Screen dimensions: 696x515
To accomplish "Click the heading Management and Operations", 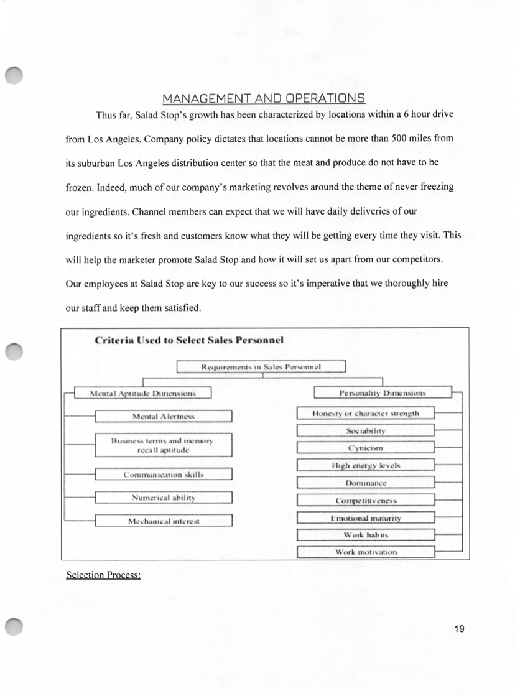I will coord(264,98).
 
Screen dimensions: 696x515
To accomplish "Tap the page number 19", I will coord(459,629).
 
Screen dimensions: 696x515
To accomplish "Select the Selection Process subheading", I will coord(103,575).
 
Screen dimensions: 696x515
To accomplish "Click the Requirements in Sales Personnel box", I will coord(261,367).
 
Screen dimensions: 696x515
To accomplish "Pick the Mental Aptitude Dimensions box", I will coord(143,393).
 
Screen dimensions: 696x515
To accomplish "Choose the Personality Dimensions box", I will coord(382,393).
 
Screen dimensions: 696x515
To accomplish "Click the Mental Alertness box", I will coord(164,416).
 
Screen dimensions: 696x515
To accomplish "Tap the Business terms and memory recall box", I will coord(164,445).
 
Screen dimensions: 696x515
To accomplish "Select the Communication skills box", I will coord(164,475).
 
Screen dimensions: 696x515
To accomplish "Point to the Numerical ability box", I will coord(164,498).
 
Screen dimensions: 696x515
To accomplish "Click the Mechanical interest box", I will coord(164,521).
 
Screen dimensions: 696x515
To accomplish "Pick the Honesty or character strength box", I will coord(365,413).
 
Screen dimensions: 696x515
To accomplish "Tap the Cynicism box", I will coord(365,448).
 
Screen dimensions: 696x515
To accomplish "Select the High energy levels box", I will coord(365,465).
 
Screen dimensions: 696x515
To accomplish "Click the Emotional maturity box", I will coord(365,517).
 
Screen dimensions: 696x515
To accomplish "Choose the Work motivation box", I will coord(365,552).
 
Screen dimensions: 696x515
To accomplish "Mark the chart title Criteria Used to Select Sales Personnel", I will coord(189,340).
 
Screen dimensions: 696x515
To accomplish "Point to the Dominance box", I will coord(365,483).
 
